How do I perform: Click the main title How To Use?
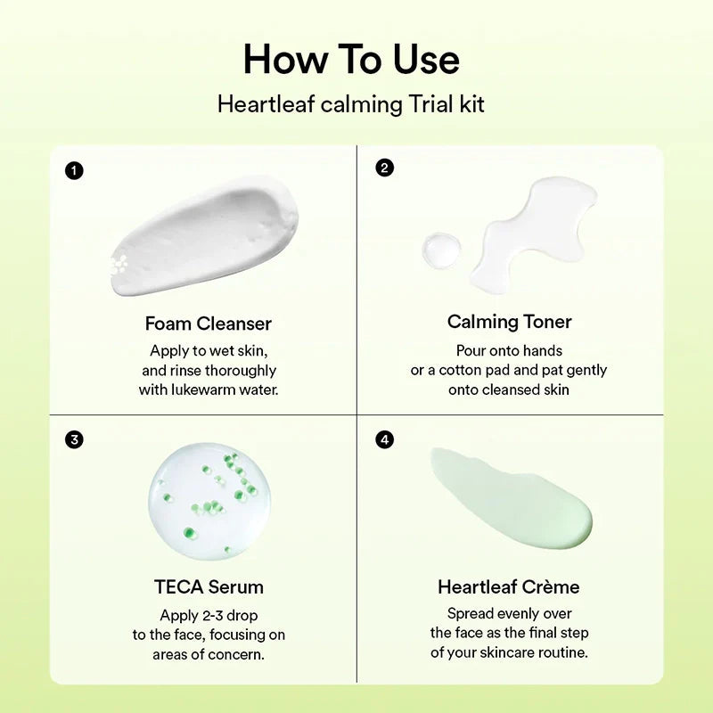(x=351, y=60)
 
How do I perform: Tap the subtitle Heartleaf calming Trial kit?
(x=351, y=104)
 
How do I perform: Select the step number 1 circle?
(x=75, y=170)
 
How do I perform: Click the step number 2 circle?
(x=385, y=168)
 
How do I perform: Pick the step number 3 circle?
(x=75, y=439)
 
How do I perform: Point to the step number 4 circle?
(x=385, y=439)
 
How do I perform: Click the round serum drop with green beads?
(x=209, y=501)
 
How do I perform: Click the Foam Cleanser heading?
(x=208, y=323)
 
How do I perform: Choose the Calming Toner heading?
(x=509, y=322)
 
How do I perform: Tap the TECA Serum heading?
(x=209, y=587)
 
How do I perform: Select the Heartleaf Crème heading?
(x=509, y=587)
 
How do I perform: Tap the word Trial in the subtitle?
(x=430, y=104)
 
